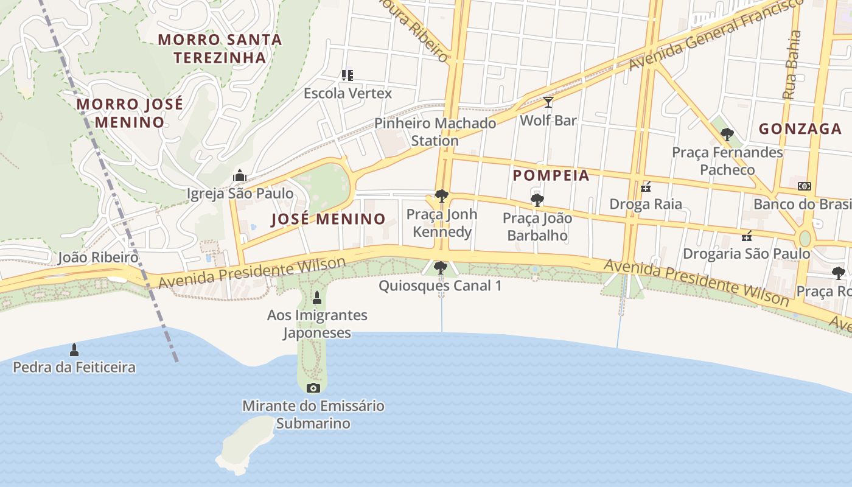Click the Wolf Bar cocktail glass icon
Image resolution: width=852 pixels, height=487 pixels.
[548, 102]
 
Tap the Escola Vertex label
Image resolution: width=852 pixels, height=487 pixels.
[347, 93]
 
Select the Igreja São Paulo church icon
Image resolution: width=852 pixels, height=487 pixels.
[240, 176]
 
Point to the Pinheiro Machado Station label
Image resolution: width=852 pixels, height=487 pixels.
[435, 132]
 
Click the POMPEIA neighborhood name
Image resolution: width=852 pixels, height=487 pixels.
[551, 175]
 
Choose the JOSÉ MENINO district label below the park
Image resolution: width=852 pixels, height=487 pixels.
[328, 219]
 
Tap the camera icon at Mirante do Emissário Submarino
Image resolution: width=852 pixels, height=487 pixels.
[313, 388]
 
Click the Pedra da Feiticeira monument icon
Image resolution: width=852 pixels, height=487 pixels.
[74, 349]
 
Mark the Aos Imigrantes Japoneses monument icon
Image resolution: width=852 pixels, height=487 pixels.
[316, 297]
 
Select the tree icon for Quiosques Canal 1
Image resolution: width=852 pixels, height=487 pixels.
[440, 267]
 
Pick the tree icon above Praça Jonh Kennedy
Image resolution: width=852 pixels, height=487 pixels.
[442, 196]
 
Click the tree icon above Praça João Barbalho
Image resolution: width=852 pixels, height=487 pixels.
[537, 200]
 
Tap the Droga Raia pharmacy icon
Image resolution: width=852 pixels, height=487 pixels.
[646, 186]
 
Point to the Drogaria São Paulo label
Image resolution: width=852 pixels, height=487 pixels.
[746, 253]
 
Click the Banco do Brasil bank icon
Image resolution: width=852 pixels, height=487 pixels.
[805, 186]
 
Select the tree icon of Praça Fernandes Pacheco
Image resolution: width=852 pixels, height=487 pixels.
[727, 134]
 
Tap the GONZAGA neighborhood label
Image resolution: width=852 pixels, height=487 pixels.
[800, 129]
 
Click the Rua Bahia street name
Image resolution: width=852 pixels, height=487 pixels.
[792, 65]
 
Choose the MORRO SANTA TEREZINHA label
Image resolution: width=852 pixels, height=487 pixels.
[220, 49]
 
